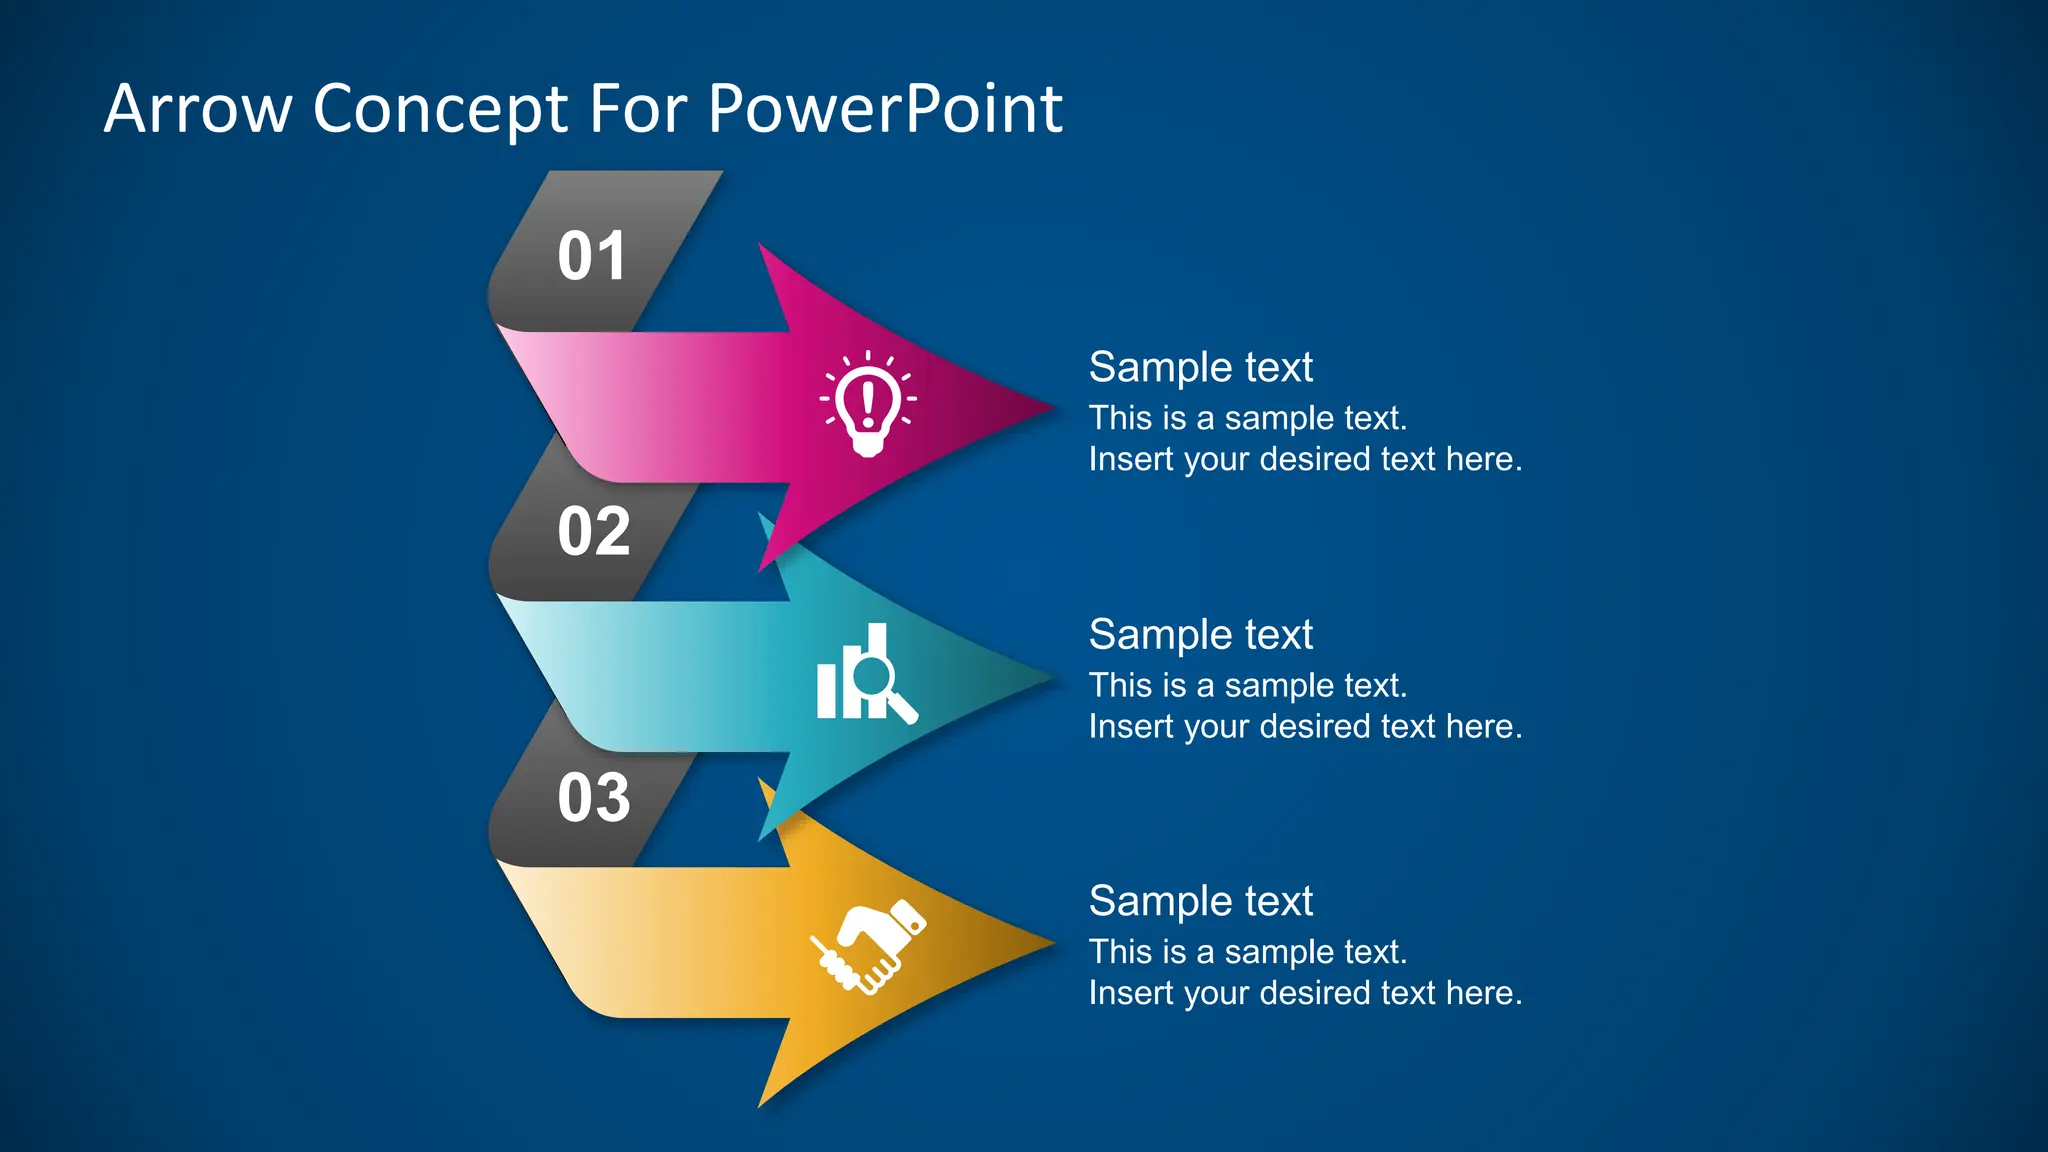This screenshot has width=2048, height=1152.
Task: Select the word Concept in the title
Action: point(441,110)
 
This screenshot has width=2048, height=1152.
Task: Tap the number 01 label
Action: point(592,256)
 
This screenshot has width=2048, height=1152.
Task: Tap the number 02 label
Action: point(594,531)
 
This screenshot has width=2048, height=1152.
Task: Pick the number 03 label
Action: point(594,798)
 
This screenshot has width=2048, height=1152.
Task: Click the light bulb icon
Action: point(868,404)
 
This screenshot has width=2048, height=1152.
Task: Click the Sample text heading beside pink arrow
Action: point(1200,367)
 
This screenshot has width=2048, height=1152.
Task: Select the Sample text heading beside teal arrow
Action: point(1200,634)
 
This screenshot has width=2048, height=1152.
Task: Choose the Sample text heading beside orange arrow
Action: point(1200,901)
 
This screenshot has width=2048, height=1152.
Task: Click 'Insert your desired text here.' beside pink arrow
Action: point(1305,459)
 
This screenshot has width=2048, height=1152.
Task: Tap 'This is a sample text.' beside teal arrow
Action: point(1247,685)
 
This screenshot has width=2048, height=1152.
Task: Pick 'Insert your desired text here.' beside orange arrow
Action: point(1305,993)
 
